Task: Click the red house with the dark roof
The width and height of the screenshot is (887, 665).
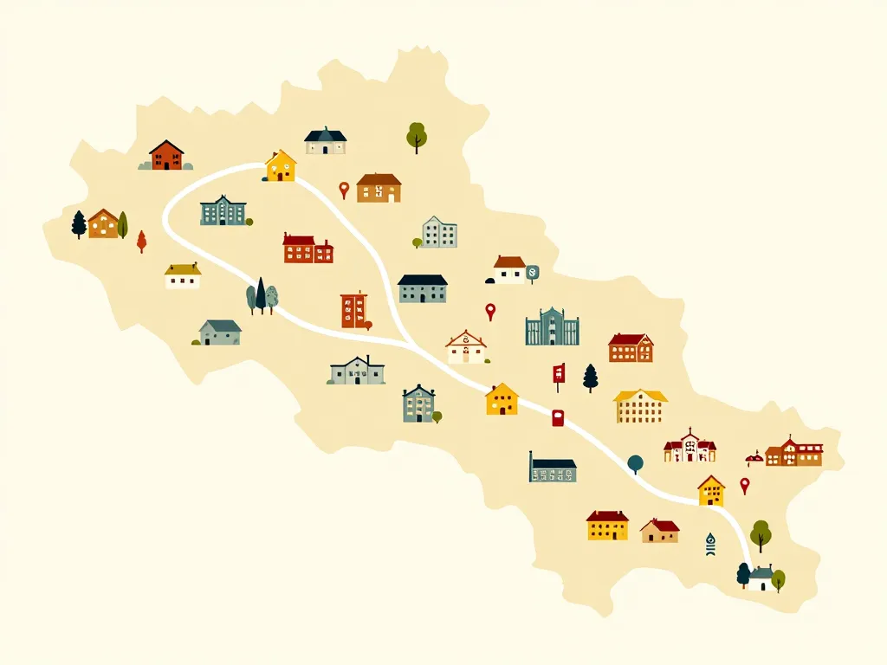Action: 166,156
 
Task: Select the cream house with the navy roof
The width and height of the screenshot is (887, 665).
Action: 326,141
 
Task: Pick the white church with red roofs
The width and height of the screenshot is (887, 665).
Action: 690,447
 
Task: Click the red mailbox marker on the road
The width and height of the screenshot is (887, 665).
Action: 558,417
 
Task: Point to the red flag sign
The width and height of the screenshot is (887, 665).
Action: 559,374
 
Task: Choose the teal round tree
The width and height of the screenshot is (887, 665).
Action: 636,463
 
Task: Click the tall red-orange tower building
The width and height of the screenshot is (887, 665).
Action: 353,310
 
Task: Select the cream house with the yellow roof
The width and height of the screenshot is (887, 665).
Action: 183,276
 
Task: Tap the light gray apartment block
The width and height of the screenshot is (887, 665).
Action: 439,232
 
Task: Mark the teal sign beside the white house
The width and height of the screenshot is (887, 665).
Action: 533,272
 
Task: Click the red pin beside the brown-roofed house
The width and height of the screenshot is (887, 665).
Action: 344,190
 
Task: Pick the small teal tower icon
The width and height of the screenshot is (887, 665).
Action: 710,544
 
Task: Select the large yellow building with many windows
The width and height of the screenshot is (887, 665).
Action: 641,406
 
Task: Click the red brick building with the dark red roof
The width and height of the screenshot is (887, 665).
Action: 631,348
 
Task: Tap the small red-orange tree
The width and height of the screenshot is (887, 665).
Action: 142,241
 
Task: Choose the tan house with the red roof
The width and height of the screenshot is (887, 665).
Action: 660,531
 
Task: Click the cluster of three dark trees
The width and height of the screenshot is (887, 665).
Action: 262,296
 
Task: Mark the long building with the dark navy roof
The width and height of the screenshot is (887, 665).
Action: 423,288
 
